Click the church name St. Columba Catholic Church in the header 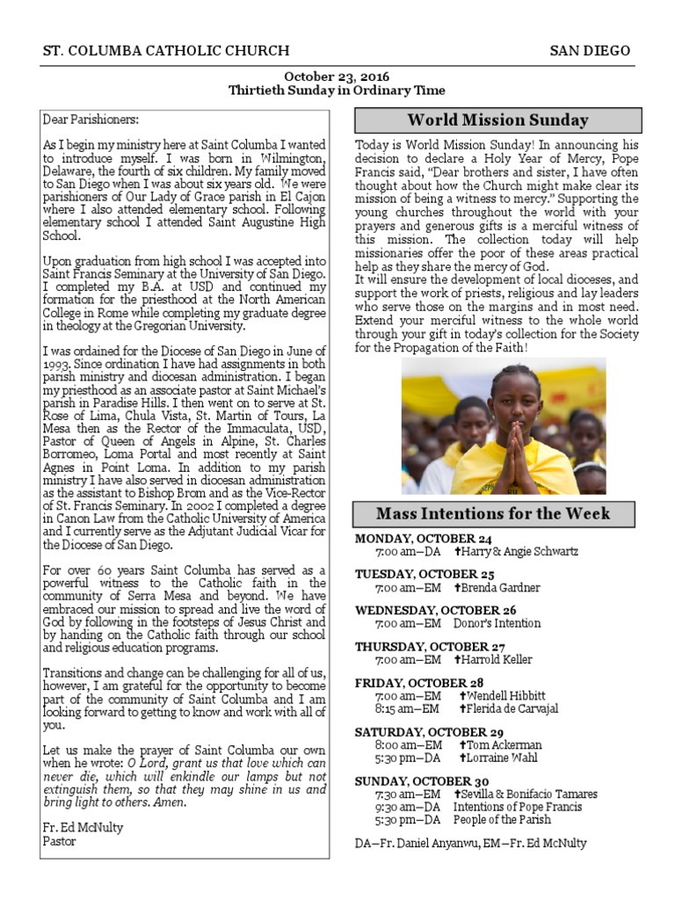pyautogui.click(x=166, y=51)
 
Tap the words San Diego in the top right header pyautogui.click(x=590, y=51)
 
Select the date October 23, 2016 pyautogui.click(x=337, y=77)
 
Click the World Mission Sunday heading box pyautogui.click(x=497, y=120)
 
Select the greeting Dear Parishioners pyautogui.click(x=91, y=119)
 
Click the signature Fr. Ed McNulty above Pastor pyautogui.click(x=83, y=827)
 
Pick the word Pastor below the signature pyautogui.click(x=60, y=841)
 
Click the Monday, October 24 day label pyautogui.click(x=423, y=539)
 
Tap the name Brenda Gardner pyautogui.click(x=497, y=588)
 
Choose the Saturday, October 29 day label pyautogui.click(x=428, y=732)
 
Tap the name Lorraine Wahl pyautogui.click(x=498, y=758)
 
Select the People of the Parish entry pyautogui.click(x=502, y=820)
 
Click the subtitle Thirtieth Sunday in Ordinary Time pyautogui.click(x=337, y=91)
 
